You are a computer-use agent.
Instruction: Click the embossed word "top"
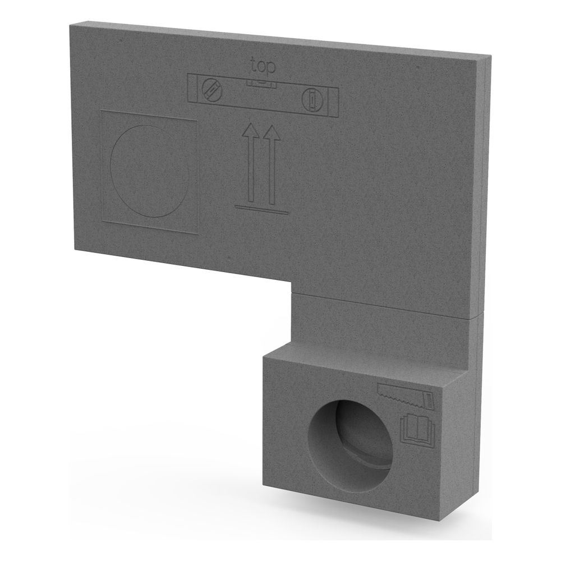pyautogui.click(x=263, y=67)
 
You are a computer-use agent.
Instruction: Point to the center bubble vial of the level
pyautogui.click(x=261, y=84)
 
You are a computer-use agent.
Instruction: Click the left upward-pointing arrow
pyautogui.click(x=251, y=163)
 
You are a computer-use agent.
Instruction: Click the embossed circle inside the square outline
pyautogui.click(x=150, y=171)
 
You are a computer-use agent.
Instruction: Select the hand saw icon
pyautogui.click(x=406, y=396)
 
